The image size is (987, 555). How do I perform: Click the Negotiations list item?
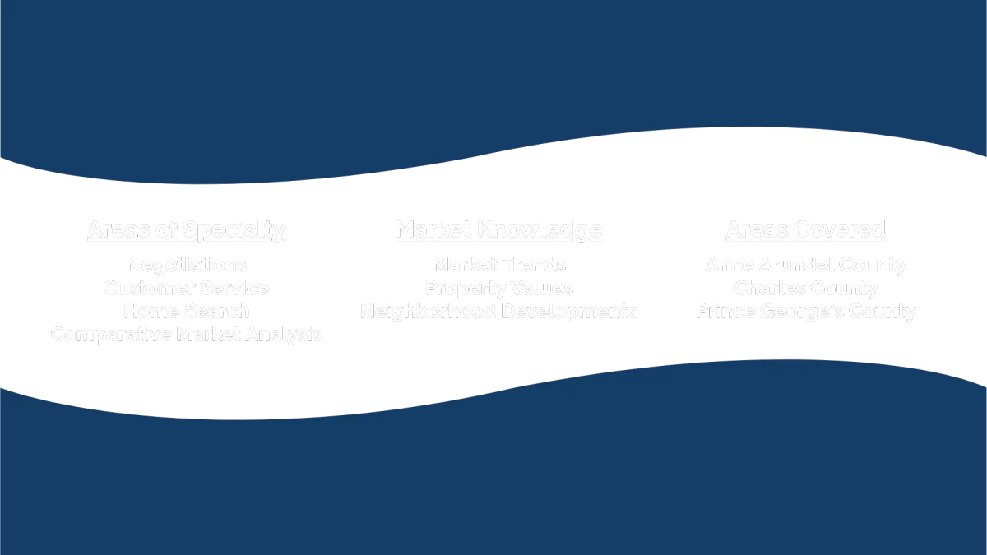click(x=186, y=266)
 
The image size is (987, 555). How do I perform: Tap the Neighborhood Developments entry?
click(x=499, y=312)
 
